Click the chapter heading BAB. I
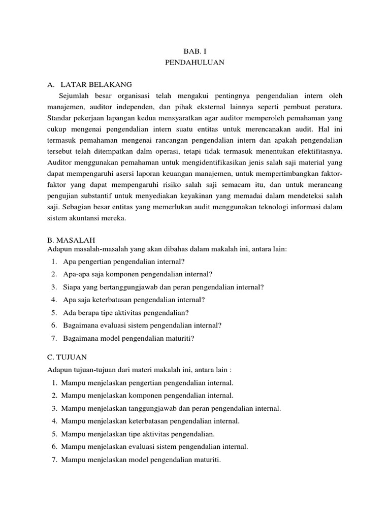pyautogui.click(x=194, y=51)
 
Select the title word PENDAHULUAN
pyautogui.click(x=194, y=63)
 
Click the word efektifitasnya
pyautogui.click(x=314, y=151)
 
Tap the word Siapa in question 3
pyautogui.click(x=73, y=287)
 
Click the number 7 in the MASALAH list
pyautogui.click(x=54, y=338)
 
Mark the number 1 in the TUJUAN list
pyautogui.click(x=54, y=382)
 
